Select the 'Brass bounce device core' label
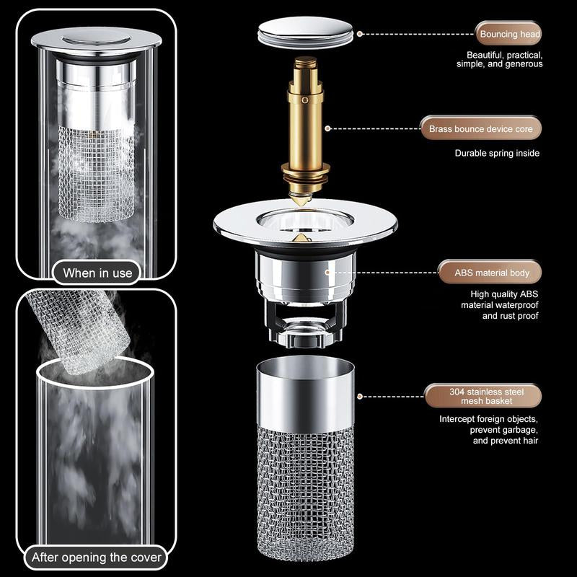[x=480, y=129]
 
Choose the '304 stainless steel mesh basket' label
[x=480, y=396]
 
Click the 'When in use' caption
[x=97, y=273]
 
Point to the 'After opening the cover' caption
[x=97, y=558]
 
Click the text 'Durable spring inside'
[x=497, y=153]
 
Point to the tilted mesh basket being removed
[x=72, y=332]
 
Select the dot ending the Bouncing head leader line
[x=360, y=34]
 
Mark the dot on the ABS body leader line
[x=327, y=273]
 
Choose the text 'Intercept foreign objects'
[x=489, y=418]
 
